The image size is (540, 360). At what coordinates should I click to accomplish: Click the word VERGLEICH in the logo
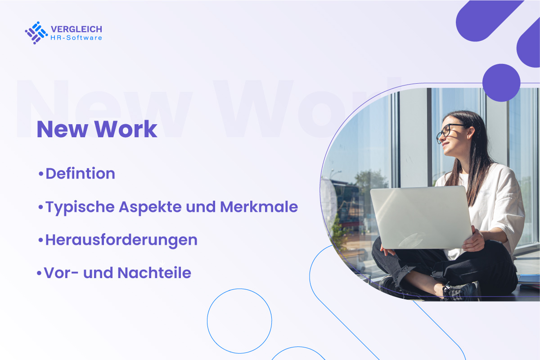click(x=76, y=29)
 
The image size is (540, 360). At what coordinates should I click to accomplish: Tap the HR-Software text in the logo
click(x=76, y=38)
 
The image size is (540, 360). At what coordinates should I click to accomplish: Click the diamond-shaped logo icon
click(x=36, y=33)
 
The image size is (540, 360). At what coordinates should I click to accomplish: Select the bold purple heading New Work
click(x=97, y=129)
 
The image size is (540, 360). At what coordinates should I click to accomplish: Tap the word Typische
click(x=80, y=207)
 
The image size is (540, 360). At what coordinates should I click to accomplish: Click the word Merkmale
click(x=259, y=207)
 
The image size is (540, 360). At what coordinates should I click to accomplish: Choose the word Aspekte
click(x=150, y=207)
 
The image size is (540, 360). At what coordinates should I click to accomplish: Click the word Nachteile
click(x=154, y=273)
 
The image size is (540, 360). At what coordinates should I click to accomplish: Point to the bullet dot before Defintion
click(x=41, y=174)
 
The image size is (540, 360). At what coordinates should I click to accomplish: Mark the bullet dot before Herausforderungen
click(x=41, y=240)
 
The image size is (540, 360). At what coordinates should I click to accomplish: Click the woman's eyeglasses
click(x=450, y=132)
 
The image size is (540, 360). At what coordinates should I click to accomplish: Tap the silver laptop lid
click(x=421, y=217)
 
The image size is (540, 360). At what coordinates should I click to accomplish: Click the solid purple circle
click(x=501, y=83)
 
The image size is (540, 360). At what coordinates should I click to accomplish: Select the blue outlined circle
click(x=207, y=321)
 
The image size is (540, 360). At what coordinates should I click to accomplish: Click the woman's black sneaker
click(x=461, y=292)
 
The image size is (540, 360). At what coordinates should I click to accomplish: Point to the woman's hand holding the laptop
click(x=473, y=239)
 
